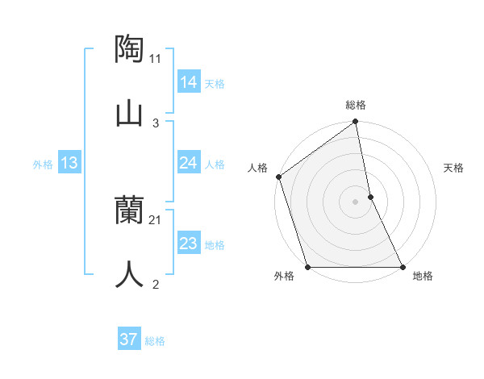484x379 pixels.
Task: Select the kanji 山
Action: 130,112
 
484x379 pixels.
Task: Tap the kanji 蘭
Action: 130,210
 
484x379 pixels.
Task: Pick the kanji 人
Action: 130,274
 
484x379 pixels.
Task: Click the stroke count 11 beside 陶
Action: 156,59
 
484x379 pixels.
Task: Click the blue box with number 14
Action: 188,82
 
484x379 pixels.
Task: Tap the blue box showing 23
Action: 188,244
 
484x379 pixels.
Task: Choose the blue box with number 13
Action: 69,164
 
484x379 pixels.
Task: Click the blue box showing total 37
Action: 128,339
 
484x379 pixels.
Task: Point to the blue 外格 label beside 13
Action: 43,165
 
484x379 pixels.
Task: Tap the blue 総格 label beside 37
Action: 155,341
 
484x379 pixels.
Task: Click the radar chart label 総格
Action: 356,105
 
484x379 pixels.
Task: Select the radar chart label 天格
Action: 454,168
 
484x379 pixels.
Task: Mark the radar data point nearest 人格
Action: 278,177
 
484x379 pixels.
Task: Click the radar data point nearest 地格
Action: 402,267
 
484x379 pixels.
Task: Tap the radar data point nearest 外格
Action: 307,267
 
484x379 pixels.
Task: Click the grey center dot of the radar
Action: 355,202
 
